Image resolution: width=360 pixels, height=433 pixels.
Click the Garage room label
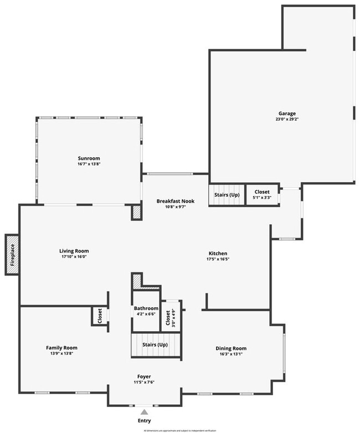(x=287, y=114)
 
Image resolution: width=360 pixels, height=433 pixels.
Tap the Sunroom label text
(x=89, y=158)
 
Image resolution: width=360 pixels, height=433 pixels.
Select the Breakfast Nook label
(x=174, y=201)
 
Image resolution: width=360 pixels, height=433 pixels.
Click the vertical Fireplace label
(x=12, y=254)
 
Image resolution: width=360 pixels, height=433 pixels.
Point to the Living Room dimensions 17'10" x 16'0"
(x=74, y=257)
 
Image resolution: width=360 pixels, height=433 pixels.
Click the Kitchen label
(x=218, y=254)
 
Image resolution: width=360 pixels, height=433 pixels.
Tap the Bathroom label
(x=146, y=308)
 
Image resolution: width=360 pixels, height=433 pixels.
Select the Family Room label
(x=61, y=348)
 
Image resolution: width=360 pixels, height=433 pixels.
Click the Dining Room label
(x=231, y=348)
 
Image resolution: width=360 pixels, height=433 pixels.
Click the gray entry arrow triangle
(x=144, y=411)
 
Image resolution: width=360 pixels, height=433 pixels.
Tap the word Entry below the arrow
(x=144, y=421)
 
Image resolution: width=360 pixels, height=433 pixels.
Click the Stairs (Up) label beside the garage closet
(x=227, y=195)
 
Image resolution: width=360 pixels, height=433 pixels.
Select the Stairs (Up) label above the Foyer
(x=156, y=344)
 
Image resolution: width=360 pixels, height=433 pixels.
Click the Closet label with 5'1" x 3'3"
(x=262, y=192)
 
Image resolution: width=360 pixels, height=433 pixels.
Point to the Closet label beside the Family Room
(x=100, y=316)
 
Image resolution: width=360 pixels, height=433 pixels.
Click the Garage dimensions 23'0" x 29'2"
(x=287, y=119)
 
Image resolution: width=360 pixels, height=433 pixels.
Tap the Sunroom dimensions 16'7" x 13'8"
(x=89, y=164)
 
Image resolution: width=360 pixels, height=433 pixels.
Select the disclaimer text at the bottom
(x=181, y=430)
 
